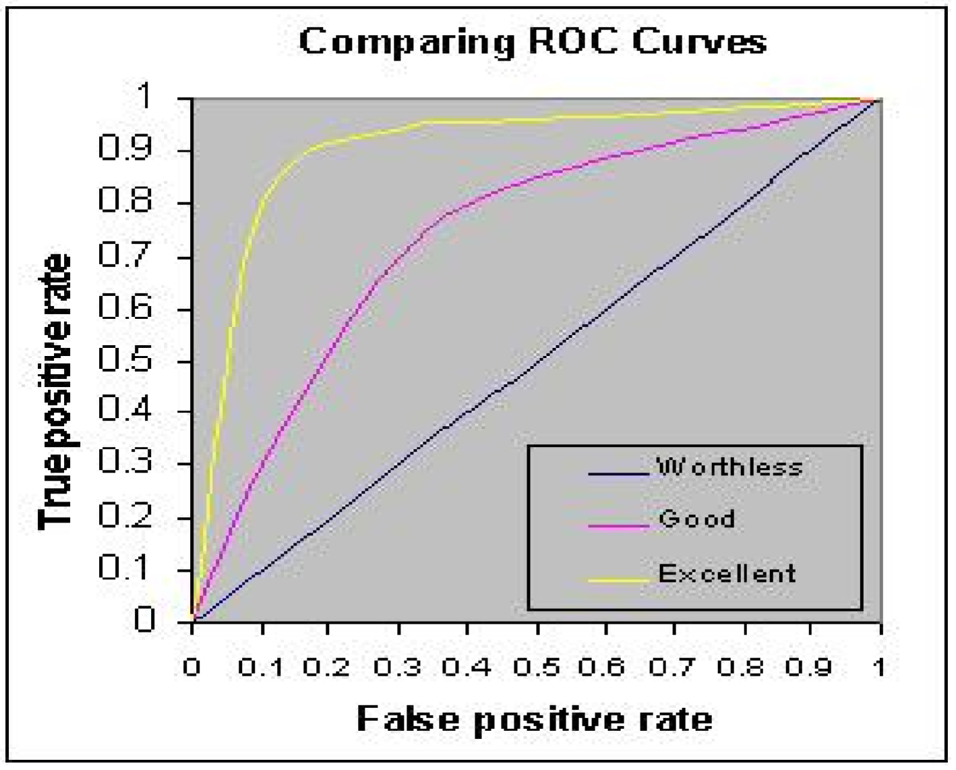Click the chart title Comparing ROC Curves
533,42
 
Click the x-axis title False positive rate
534,719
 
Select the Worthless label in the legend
729,467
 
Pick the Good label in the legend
696,519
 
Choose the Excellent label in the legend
727,573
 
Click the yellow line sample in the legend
618,578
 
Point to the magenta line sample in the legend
618,525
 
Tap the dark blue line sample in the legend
618,473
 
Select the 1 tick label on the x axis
877,668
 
